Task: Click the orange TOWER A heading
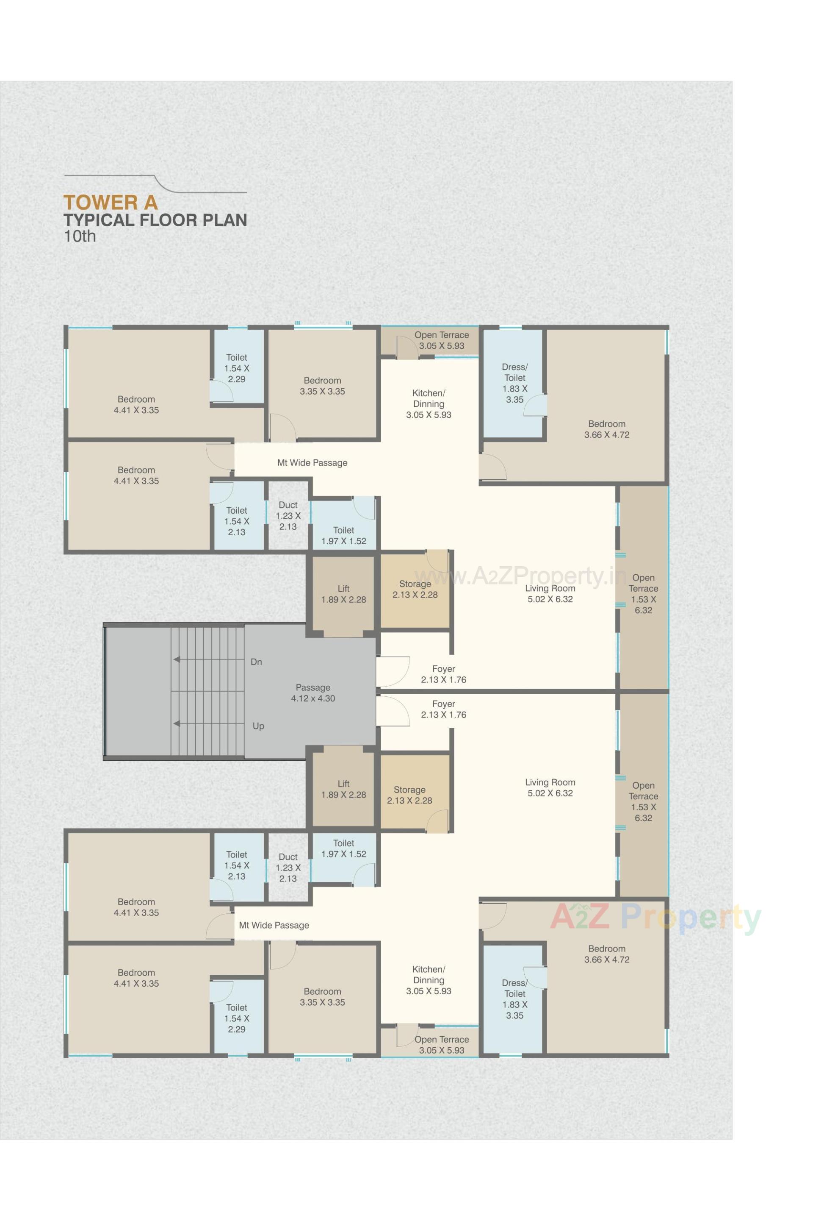pos(110,203)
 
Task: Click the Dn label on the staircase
pos(256,662)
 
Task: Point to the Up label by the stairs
pos(258,726)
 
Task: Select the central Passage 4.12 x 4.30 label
pos(312,693)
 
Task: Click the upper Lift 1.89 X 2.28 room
pos(343,594)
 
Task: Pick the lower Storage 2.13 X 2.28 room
pos(409,795)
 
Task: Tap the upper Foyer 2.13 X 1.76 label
pos(443,674)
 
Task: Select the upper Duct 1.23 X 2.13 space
pos(288,515)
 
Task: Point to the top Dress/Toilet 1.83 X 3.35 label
pos(514,383)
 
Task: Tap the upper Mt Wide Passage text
pos(312,462)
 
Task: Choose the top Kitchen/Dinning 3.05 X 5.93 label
pos(428,404)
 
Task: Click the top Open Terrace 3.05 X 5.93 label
pos(441,340)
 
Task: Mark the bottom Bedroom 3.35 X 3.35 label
pos(322,997)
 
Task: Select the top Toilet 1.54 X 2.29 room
pos(236,368)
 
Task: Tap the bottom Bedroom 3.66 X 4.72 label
pos(607,954)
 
